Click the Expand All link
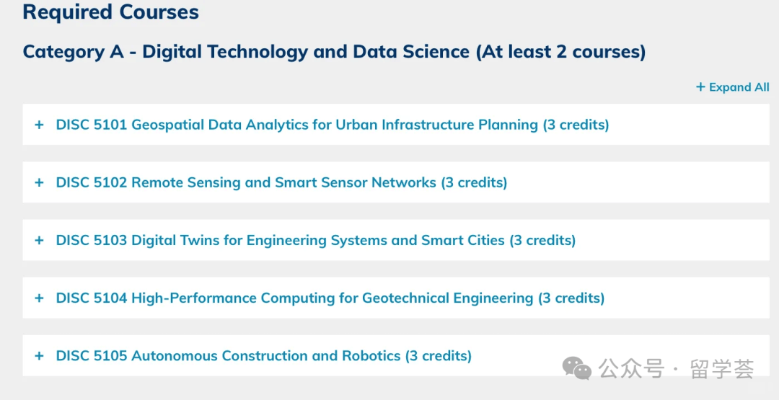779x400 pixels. tap(732, 87)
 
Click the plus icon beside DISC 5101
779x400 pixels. tap(39, 125)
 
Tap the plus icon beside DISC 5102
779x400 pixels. tap(39, 182)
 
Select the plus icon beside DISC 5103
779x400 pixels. tap(39, 240)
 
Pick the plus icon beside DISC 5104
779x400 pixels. tap(39, 298)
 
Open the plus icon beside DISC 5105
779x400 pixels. tap(39, 356)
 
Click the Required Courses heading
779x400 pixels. tap(111, 12)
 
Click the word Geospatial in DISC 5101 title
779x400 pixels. tap(167, 125)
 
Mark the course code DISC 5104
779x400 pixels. tap(92, 298)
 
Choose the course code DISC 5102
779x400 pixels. tap(92, 182)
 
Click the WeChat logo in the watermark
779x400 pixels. tap(577, 368)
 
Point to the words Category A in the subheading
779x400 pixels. tap(74, 52)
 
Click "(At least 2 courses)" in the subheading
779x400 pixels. tap(561, 52)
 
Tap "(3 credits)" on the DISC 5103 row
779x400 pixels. tap(542, 241)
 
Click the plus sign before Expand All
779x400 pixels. tap(700, 87)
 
